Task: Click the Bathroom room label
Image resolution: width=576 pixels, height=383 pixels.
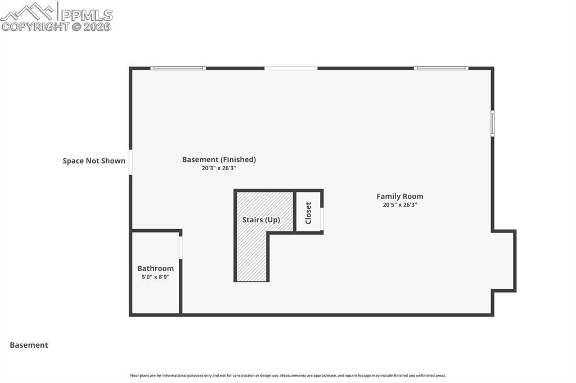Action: click(x=155, y=268)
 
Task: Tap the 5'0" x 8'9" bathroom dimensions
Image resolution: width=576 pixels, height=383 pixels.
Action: click(x=155, y=277)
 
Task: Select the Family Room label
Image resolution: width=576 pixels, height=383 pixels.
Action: click(x=400, y=196)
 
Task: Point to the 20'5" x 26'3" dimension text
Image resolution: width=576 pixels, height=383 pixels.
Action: click(x=400, y=205)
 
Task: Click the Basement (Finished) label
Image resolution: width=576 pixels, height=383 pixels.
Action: click(x=219, y=159)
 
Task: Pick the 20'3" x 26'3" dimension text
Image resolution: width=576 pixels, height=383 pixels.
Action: click(x=219, y=168)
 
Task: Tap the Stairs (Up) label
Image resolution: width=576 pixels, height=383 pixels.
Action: click(x=261, y=220)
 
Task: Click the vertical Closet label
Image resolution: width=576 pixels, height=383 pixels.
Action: click(x=308, y=213)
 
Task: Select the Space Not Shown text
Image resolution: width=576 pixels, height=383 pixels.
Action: click(x=94, y=161)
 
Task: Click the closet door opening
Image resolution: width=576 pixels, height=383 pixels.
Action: click(x=322, y=218)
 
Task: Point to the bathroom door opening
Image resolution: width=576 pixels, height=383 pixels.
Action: click(x=181, y=248)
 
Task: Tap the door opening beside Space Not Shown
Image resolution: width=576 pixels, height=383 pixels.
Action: click(x=130, y=162)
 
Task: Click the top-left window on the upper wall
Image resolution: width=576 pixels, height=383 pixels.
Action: click(x=178, y=69)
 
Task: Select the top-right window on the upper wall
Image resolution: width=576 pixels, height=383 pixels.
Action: click(x=441, y=69)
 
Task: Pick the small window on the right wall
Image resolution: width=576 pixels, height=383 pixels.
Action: click(x=492, y=124)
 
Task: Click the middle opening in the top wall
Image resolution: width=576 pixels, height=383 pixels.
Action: click(x=291, y=69)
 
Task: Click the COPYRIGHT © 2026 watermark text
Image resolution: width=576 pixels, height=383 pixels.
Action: click(x=56, y=26)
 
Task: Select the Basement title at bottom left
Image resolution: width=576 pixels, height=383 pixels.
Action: click(x=29, y=345)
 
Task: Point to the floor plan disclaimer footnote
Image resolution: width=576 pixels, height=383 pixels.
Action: click(x=288, y=376)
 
